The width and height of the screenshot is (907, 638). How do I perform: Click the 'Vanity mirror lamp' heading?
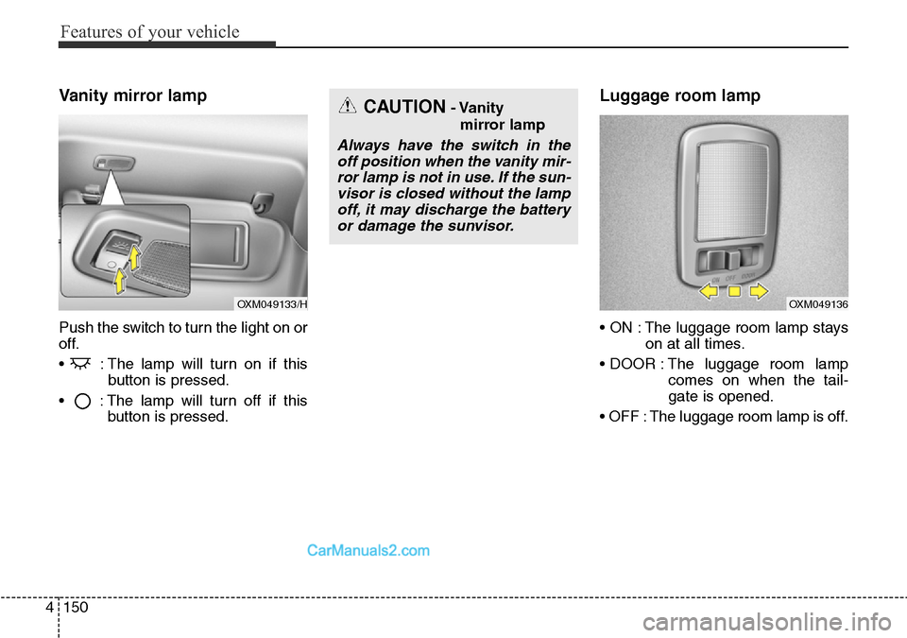tap(132, 95)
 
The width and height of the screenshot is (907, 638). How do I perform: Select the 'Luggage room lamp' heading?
tap(679, 95)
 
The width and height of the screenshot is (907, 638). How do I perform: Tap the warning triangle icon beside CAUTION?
tap(348, 108)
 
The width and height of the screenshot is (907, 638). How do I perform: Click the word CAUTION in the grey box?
tap(403, 108)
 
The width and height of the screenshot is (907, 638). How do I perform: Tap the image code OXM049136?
tap(817, 303)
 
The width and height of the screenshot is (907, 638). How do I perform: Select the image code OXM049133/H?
tap(272, 303)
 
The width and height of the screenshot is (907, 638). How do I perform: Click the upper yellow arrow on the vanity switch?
tap(135, 256)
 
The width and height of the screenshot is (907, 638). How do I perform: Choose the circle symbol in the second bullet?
tap(84, 400)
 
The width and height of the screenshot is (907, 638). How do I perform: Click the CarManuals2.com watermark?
tap(368, 550)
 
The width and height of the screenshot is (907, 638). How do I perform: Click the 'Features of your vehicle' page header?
tap(149, 32)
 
